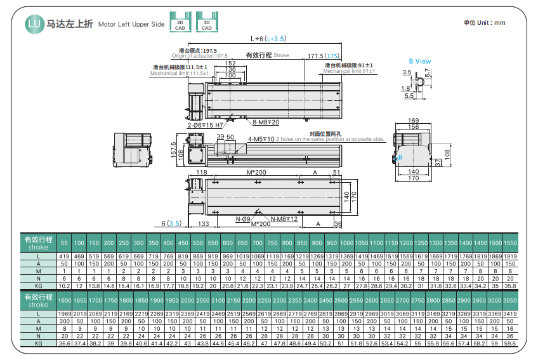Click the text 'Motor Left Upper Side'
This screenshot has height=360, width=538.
click(131, 25)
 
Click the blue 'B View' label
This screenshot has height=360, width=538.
click(419, 61)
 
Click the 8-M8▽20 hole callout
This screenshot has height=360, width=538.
click(266, 122)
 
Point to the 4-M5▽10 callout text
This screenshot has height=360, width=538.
click(261, 138)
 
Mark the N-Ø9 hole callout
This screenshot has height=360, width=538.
click(242, 219)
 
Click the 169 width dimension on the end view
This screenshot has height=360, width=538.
click(414, 120)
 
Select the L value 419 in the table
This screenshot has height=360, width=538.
click(64, 255)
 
